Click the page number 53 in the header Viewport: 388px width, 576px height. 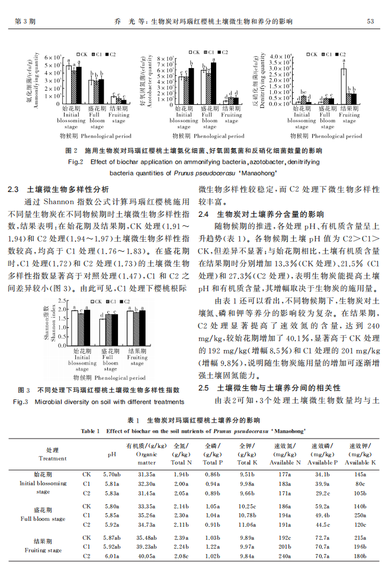pos(370,21)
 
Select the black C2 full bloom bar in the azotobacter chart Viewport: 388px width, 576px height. pos(213,84)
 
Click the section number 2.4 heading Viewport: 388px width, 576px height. pos(204,215)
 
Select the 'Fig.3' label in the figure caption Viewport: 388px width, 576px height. pos(21,402)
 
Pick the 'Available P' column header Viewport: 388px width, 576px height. pos(323,462)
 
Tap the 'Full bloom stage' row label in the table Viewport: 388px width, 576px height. pos(43,519)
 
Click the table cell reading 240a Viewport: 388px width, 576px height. pos(285,556)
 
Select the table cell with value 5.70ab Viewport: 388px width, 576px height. pos(112,475)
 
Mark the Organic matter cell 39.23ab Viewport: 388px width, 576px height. pos(146,546)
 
